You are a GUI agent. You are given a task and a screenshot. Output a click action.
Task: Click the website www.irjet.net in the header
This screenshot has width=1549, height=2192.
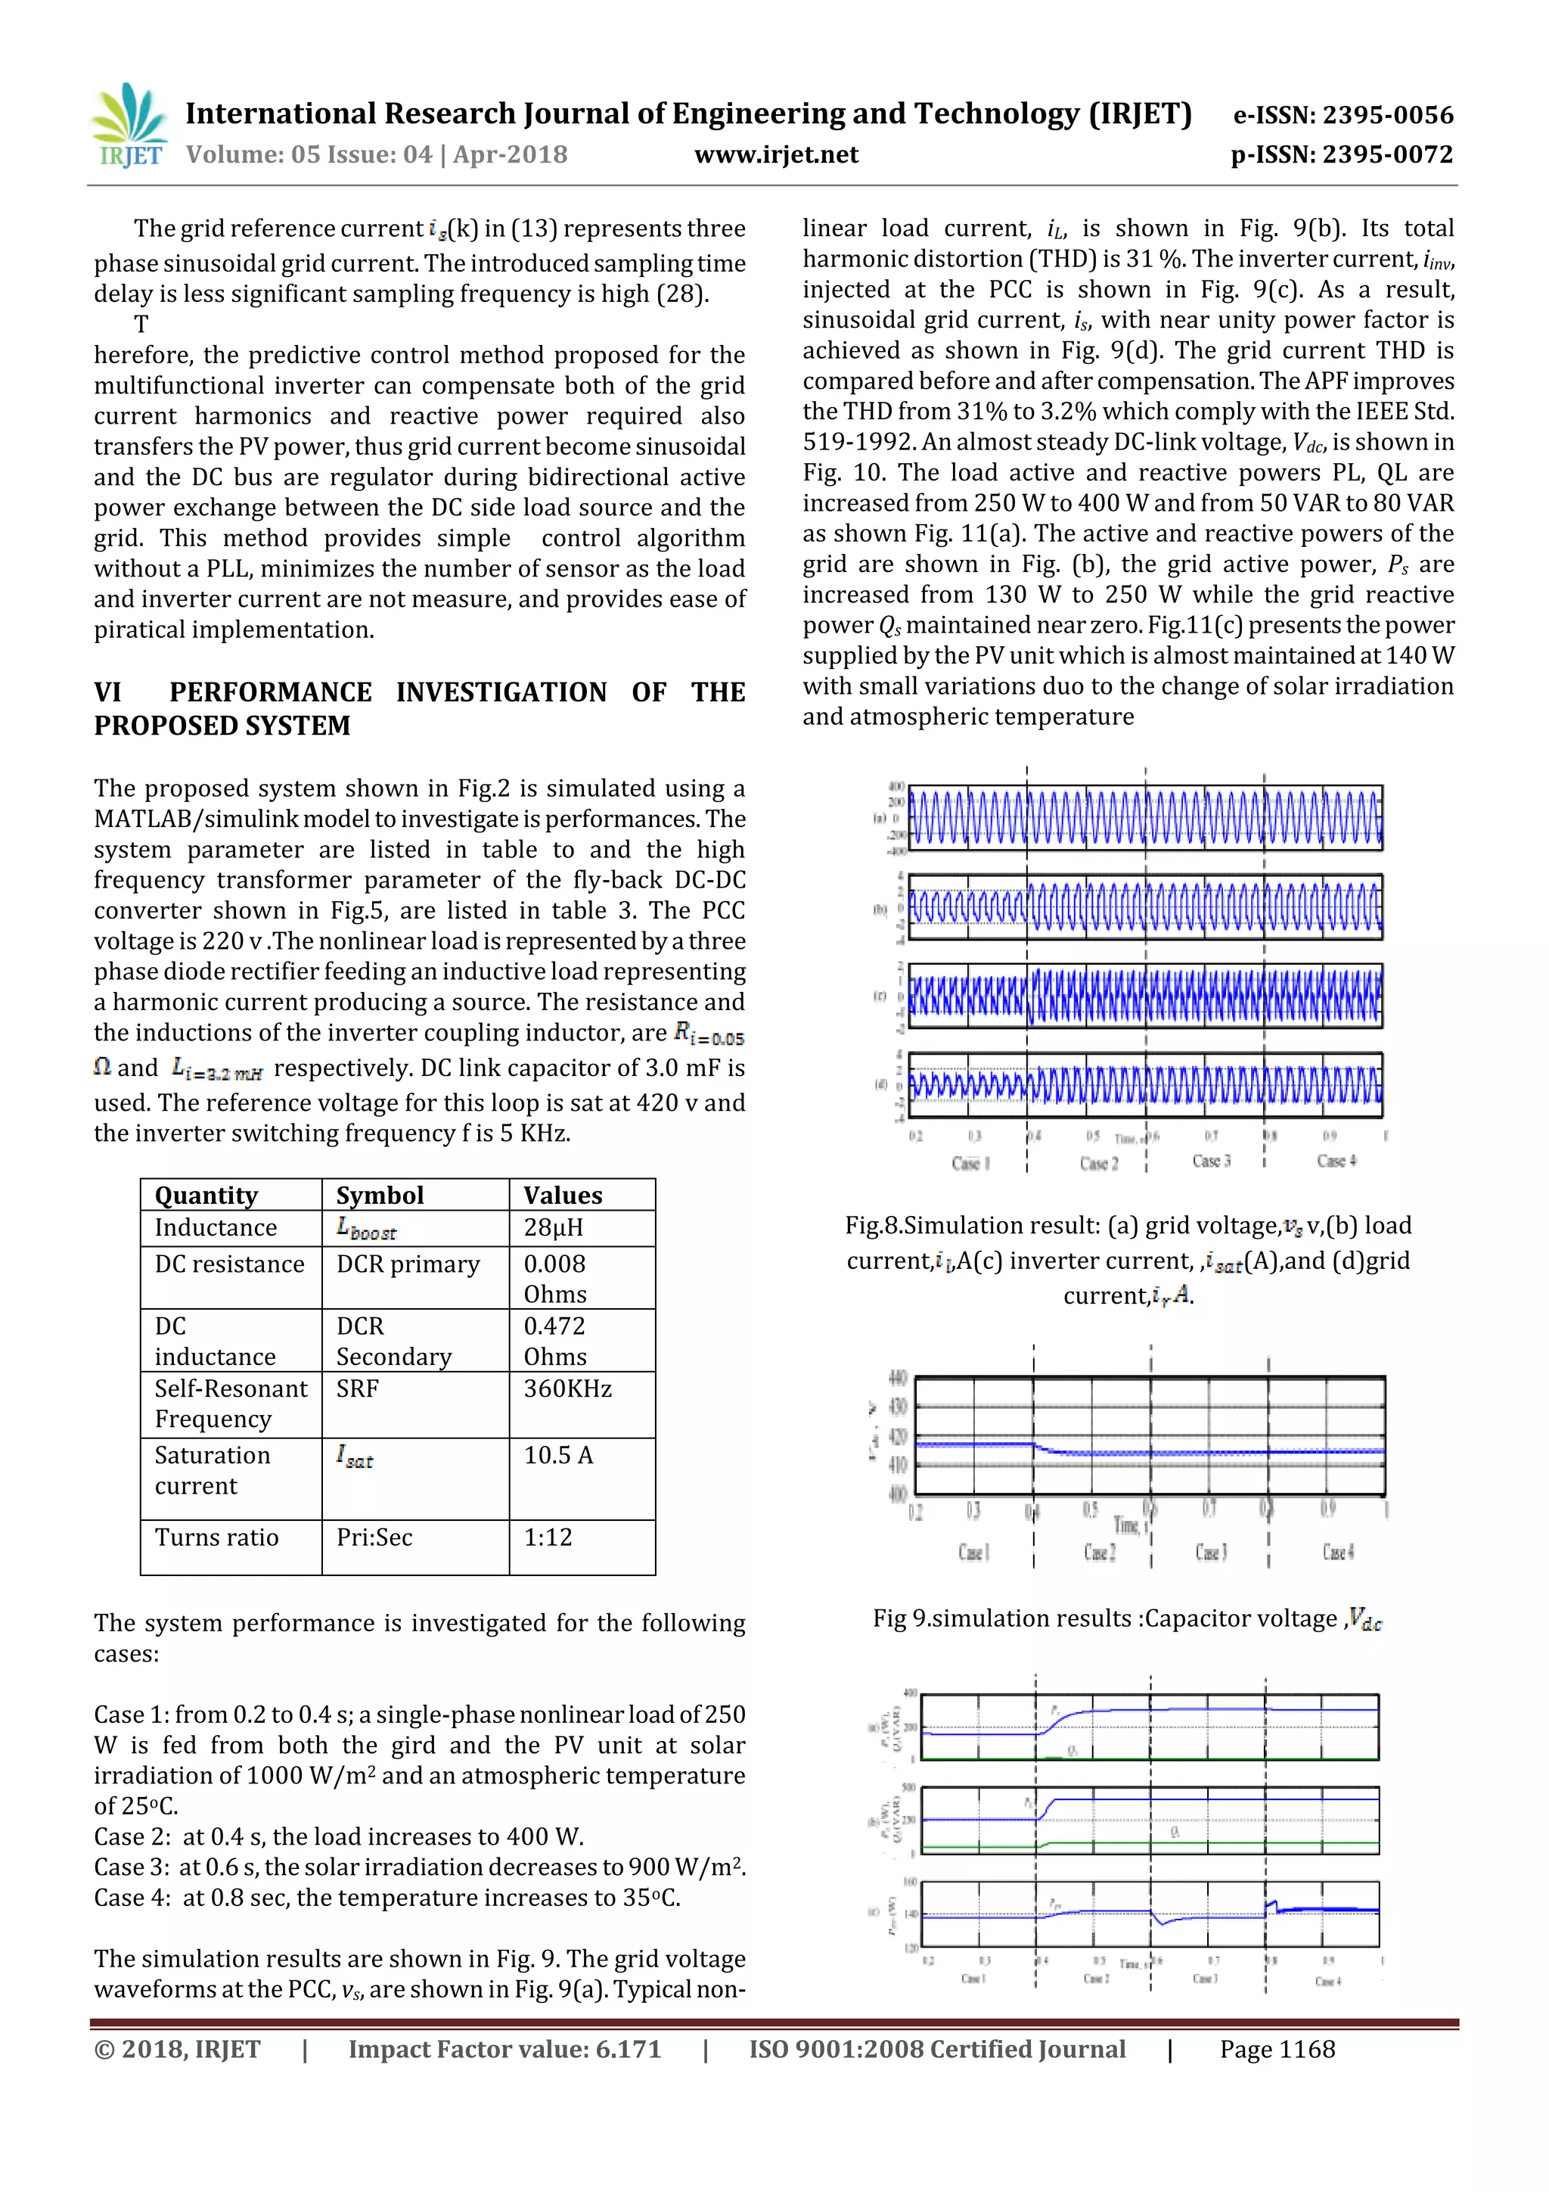(775, 154)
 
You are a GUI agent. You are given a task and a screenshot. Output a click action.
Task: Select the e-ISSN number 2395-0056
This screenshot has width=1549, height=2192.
(1386, 116)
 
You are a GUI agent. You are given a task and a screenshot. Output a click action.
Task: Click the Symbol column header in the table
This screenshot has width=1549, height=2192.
(379, 1195)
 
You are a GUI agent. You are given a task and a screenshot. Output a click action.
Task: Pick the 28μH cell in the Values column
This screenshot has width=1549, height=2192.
(553, 1228)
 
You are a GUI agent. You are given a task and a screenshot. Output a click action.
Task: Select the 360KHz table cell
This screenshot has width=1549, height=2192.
(567, 1388)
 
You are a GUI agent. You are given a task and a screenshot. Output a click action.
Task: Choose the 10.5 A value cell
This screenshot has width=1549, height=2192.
(558, 1455)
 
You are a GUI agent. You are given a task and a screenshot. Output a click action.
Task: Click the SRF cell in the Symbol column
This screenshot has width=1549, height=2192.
(357, 1388)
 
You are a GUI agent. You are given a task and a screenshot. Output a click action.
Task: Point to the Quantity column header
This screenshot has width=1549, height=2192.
(206, 1195)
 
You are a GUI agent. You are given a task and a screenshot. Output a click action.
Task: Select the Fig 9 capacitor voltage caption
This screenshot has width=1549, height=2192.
(1126, 1619)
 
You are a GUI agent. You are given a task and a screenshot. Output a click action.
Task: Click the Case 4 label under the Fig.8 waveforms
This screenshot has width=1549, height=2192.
(1336, 1161)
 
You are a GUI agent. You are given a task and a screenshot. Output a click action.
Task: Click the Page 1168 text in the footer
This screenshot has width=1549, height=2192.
(1277, 2049)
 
